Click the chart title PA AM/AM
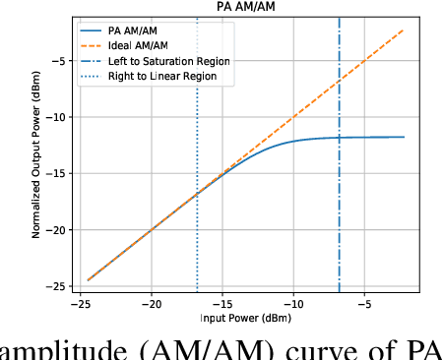tap(245, 7)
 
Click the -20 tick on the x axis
tap(152, 303)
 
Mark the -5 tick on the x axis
tap(364, 303)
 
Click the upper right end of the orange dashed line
tap(405, 30)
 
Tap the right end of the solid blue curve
tap(405, 137)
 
